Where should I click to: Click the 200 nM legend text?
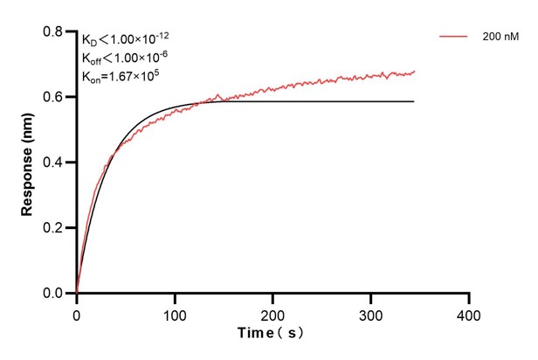(x=500, y=37)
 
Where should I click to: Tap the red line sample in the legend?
(x=455, y=37)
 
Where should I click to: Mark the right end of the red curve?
(x=414, y=72)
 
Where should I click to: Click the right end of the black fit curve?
(x=413, y=101)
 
